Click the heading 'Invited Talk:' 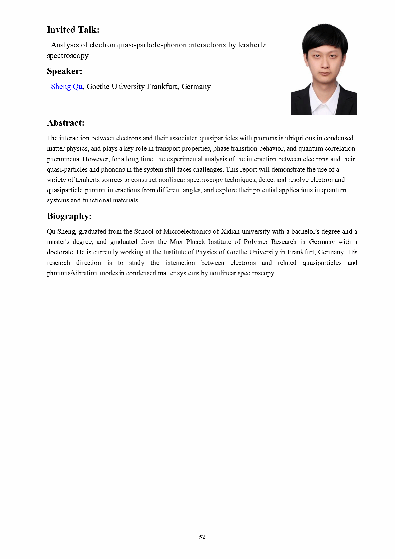(73, 30)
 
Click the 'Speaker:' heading (65, 71)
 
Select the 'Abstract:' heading (66, 123)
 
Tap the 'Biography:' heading (69, 216)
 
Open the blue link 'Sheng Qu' (67, 87)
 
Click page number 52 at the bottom (202, 537)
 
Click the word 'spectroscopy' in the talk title (68, 56)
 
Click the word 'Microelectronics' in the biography (187, 231)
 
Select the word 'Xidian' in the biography (230, 231)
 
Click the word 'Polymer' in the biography (255, 242)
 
